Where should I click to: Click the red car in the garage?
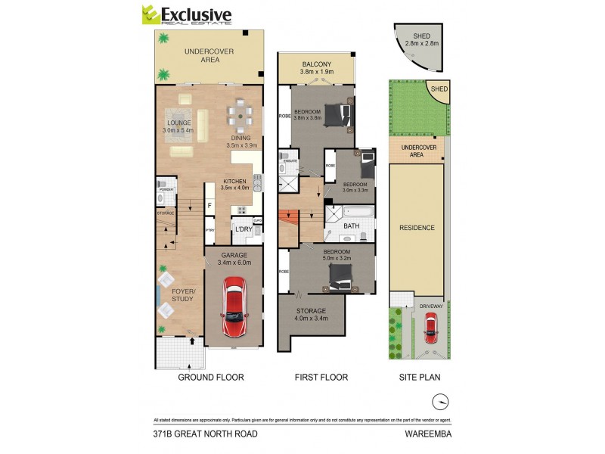[234, 308]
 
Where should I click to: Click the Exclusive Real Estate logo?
[187, 15]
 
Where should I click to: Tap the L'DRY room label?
[244, 229]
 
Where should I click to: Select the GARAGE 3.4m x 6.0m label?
[234, 259]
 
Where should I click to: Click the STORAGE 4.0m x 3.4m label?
[311, 315]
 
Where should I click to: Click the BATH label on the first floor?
[352, 225]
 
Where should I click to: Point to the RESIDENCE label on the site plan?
[417, 228]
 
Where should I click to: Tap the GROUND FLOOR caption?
[210, 376]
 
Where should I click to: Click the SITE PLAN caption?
[420, 376]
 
